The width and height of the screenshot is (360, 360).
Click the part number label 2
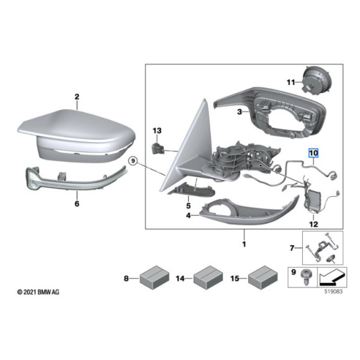point(77,97)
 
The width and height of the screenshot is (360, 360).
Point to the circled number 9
point(132,161)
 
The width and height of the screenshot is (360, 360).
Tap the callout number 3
point(238,112)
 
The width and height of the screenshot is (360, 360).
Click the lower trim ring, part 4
point(248,211)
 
